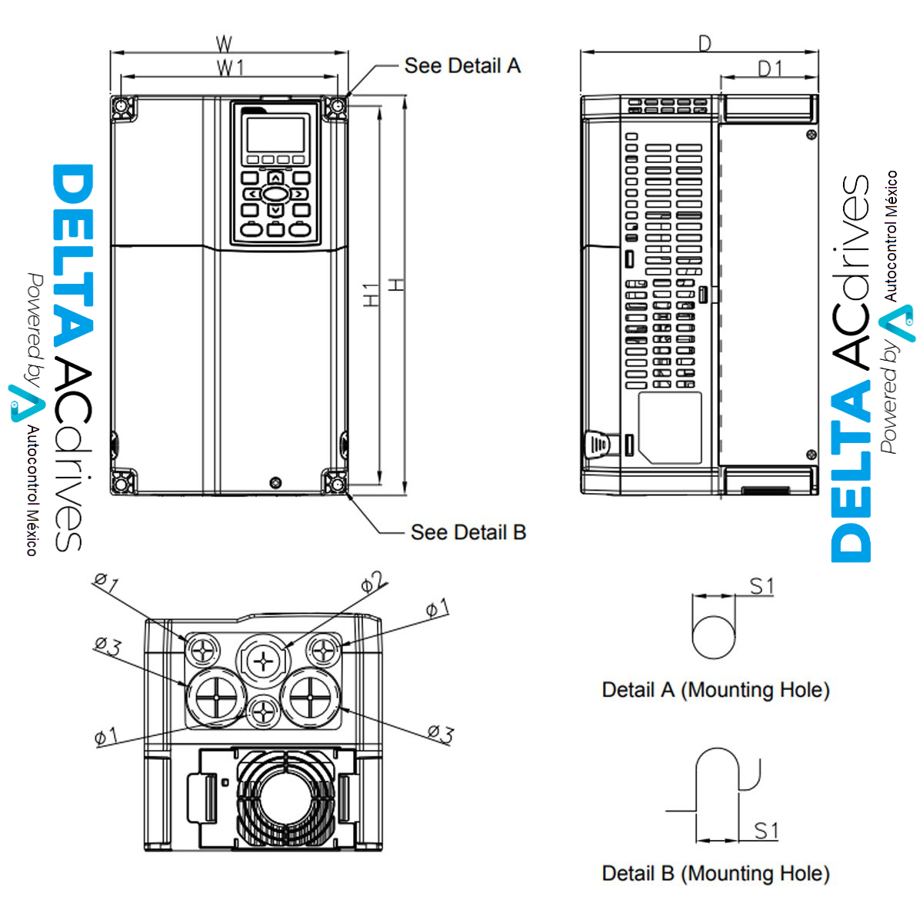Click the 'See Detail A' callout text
click(x=462, y=66)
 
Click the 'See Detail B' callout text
click(x=468, y=532)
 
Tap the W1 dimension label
click(x=229, y=68)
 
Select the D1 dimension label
click(x=769, y=69)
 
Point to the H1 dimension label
click(x=372, y=295)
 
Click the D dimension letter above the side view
click(x=705, y=44)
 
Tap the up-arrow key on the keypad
click(x=275, y=178)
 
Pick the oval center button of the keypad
click(x=275, y=194)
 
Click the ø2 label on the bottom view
click(x=374, y=583)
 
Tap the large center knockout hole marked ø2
click(x=263, y=660)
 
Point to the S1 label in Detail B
click(x=766, y=831)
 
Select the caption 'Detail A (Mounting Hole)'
click(x=715, y=690)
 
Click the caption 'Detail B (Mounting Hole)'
click(x=715, y=874)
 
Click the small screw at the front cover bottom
click(x=275, y=482)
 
